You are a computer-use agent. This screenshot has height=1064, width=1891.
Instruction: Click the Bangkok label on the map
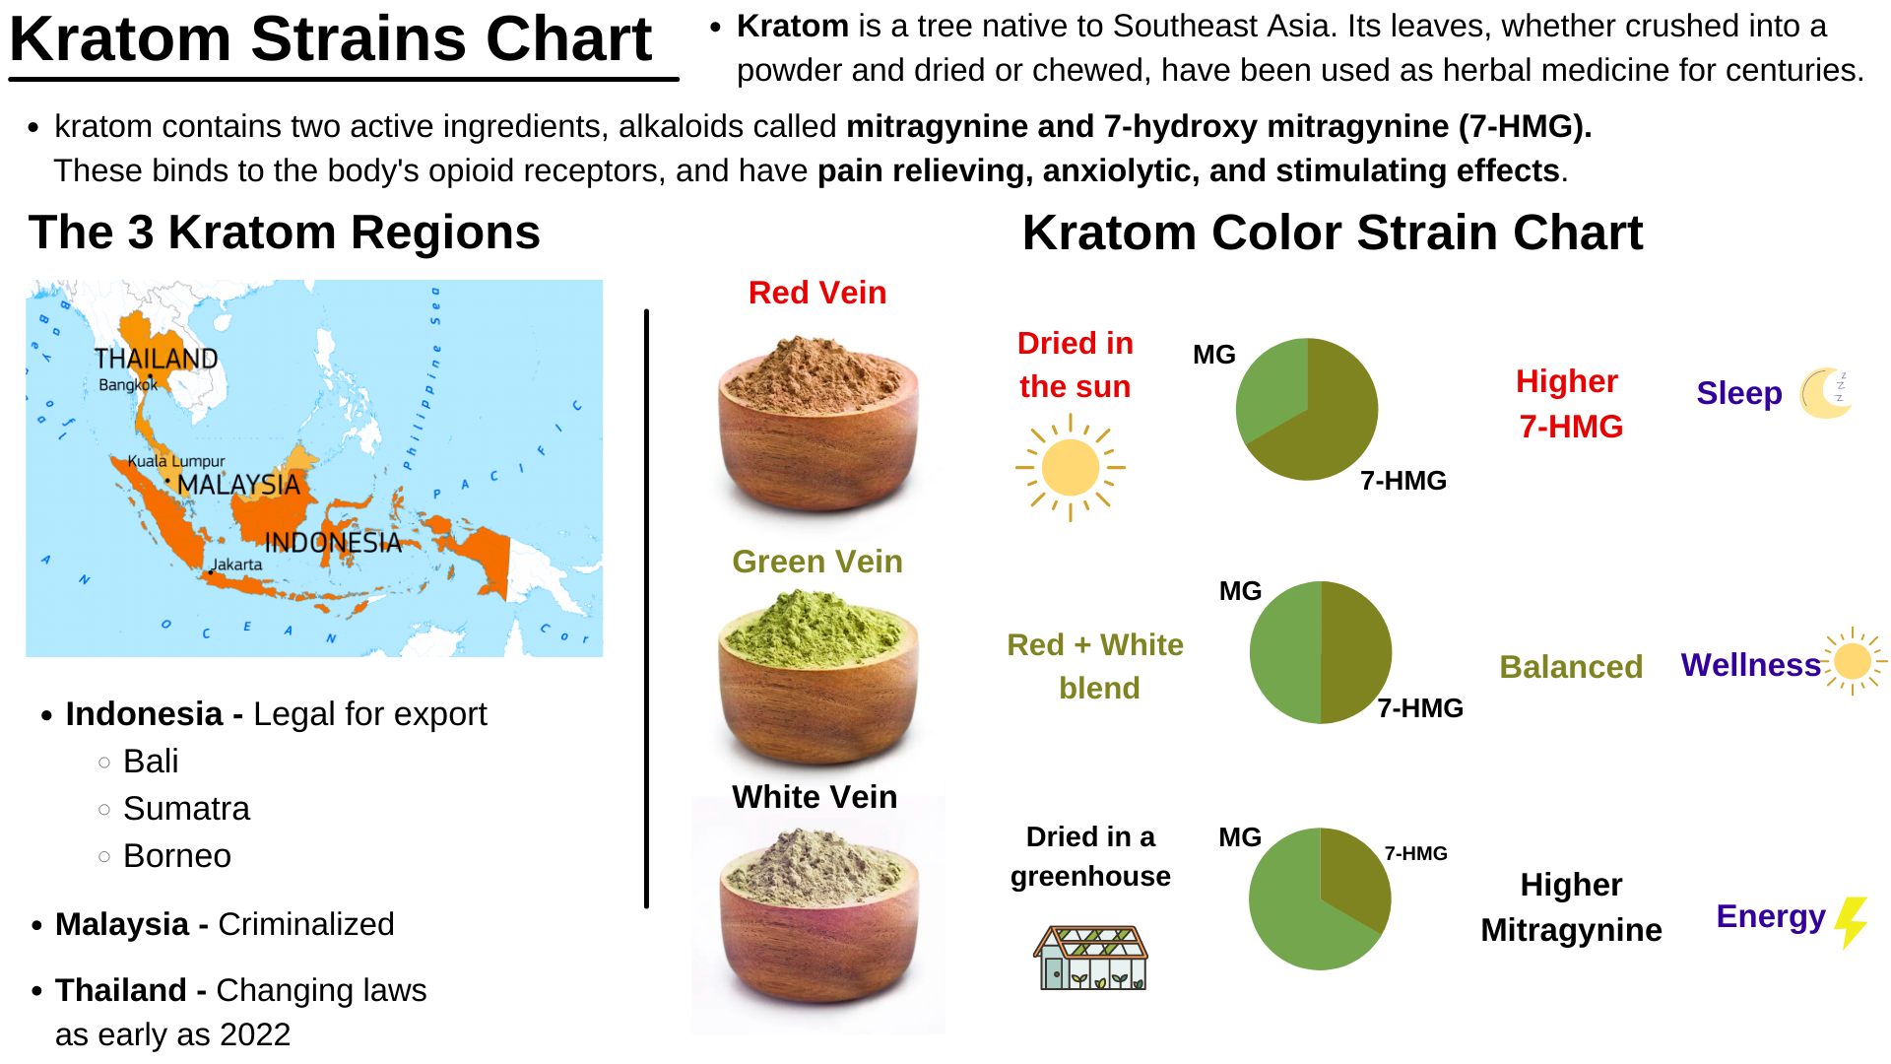click(127, 385)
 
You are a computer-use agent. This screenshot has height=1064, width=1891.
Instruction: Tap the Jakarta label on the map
click(236, 565)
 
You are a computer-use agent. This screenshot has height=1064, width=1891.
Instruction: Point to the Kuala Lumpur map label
click(176, 461)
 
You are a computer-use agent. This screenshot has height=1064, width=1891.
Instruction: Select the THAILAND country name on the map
click(156, 359)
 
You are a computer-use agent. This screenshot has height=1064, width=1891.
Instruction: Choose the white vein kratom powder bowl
click(818, 916)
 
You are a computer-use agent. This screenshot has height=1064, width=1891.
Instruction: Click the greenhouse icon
click(1090, 958)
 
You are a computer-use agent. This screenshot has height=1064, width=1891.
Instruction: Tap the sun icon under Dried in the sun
click(1071, 468)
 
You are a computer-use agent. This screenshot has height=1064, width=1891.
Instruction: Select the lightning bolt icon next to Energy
click(1852, 922)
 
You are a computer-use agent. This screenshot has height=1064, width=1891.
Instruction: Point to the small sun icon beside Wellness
click(1853, 661)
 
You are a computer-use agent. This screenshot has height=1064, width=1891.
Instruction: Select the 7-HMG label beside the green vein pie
click(1419, 708)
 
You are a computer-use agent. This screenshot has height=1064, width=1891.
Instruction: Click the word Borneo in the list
click(177, 856)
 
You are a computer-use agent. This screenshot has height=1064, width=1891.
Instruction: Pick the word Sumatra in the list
click(186, 809)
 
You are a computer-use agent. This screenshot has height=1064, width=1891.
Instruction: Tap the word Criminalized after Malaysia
click(305, 924)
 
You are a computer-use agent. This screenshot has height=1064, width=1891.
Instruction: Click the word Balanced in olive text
click(1571, 667)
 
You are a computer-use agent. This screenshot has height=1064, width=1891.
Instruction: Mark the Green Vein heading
click(817, 562)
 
